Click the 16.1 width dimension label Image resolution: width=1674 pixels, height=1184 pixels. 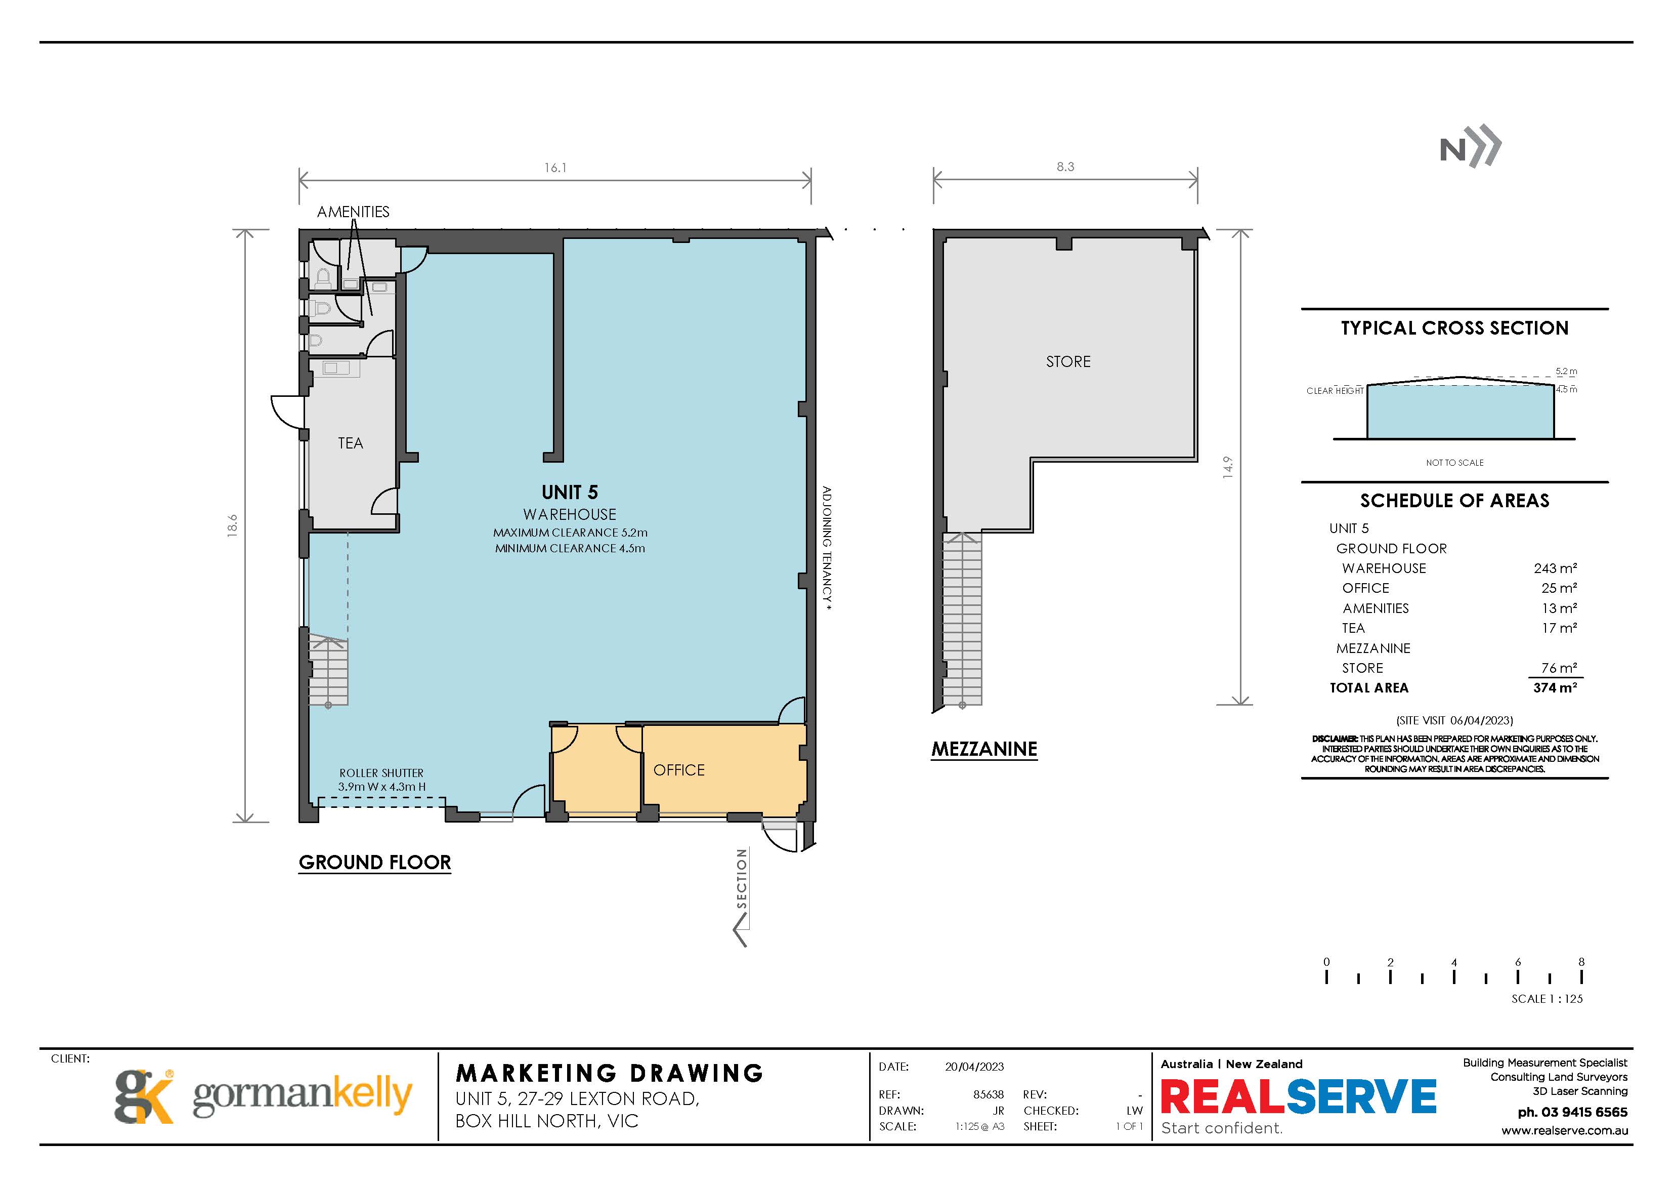point(555,168)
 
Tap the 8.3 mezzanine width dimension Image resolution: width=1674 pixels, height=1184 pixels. point(1065,167)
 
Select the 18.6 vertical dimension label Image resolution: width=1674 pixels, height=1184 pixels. point(233,525)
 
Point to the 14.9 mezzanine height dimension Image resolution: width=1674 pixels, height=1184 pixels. point(1228,467)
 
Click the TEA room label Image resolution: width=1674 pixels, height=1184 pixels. point(350,443)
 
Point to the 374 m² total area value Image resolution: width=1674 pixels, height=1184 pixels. point(1555,687)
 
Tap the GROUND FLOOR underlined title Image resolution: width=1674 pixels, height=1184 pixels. point(375,862)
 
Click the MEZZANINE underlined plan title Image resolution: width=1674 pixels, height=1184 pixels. point(984,749)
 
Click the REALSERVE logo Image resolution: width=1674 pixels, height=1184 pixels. point(1298,1096)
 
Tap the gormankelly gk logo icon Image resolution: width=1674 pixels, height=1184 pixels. point(144,1096)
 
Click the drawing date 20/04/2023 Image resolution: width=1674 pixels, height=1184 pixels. point(974,1067)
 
